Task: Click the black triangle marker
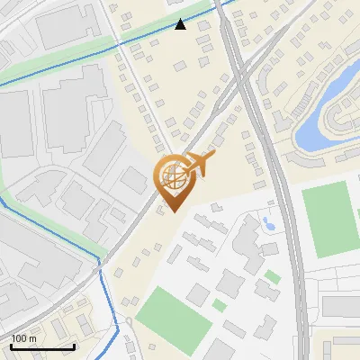(x=181, y=24)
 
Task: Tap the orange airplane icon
(x=199, y=164)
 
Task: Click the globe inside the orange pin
(x=171, y=177)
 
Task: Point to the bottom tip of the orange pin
(x=172, y=211)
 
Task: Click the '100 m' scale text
(x=24, y=338)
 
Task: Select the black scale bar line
(x=42, y=346)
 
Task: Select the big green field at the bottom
(x=167, y=308)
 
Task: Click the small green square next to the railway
(x=272, y=276)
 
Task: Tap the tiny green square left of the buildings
(x=219, y=306)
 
